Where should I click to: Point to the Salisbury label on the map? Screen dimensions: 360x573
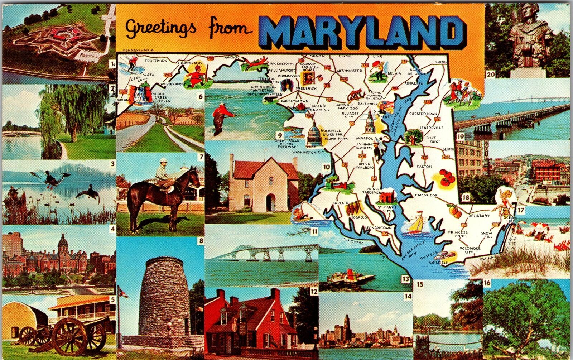[x=479, y=216]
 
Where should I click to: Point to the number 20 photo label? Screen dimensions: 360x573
[x=489, y=75]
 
